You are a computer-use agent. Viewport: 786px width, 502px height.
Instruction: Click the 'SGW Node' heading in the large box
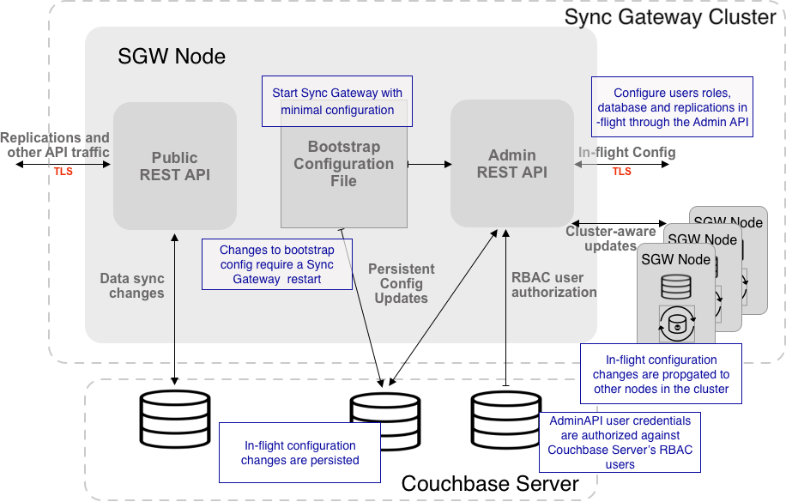click(x=172, y=57)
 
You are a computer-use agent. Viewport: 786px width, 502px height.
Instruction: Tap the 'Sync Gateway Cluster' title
click(x=670, y=17)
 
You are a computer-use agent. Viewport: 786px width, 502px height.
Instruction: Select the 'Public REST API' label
click(x=174, y=166)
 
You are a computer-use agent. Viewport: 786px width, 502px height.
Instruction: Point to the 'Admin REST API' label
click(x=511, y=163)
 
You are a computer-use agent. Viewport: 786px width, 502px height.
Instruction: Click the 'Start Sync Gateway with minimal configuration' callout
click(x=337, y=101)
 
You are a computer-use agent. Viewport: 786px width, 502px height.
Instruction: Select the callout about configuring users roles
click(x=672, y=107)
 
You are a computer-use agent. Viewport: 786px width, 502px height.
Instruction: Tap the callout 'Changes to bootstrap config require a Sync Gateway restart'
click(x=276, y=264)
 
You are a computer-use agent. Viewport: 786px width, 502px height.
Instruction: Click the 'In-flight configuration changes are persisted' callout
click(x=299, y=453)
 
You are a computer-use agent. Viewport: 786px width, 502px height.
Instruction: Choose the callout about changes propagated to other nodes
click(x=661, y=374)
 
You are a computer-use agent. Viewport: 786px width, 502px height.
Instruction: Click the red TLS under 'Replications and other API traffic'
click(x=63, y=172)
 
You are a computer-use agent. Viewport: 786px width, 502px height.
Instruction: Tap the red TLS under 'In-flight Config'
click(x=621, y=172)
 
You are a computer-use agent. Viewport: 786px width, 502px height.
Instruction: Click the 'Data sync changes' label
click(x=131, y=286)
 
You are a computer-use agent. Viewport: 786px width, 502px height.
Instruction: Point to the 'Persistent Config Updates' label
click(x=401, y=283)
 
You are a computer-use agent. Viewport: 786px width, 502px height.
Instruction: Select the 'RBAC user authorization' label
click(x=553, y=284)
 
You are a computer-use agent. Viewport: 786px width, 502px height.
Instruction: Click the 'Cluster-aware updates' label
click(x=610, y=239)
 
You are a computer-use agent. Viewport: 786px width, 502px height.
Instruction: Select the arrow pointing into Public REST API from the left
click(x=100, y=163)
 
